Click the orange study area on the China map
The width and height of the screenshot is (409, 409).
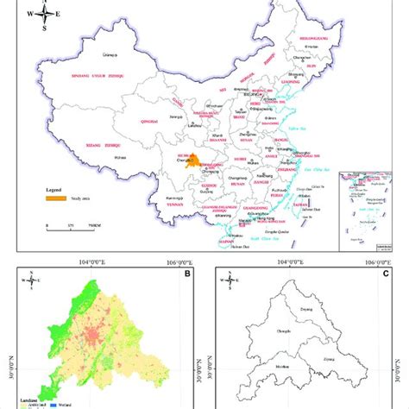172,160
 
